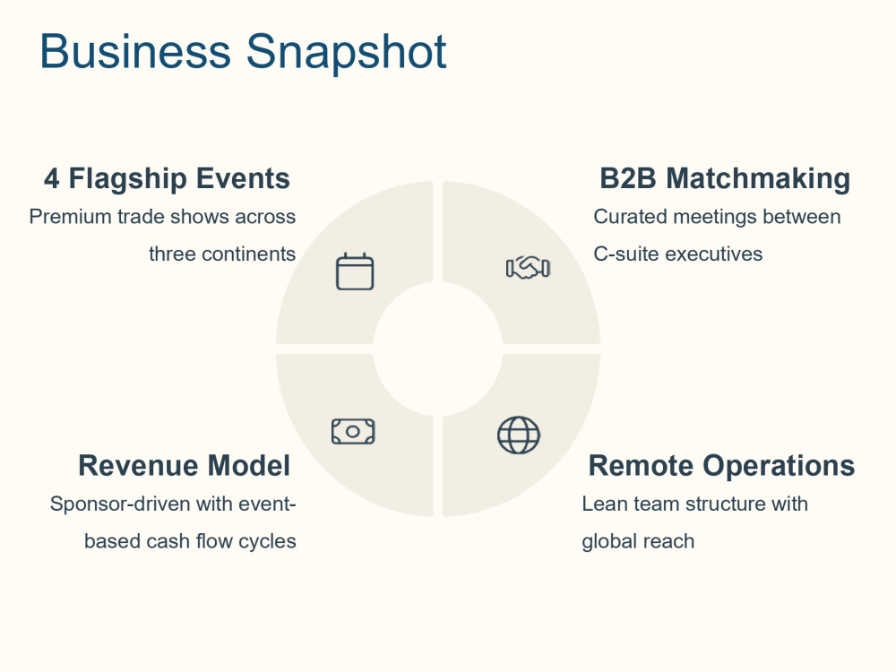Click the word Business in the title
135,51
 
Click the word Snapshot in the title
346,53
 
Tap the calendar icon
355,271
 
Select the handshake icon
528,267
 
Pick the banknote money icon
353,432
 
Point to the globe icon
518,435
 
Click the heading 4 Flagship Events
167,178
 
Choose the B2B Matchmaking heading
725,178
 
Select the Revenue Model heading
184,465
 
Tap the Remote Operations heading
721,465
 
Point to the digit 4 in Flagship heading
51,178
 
